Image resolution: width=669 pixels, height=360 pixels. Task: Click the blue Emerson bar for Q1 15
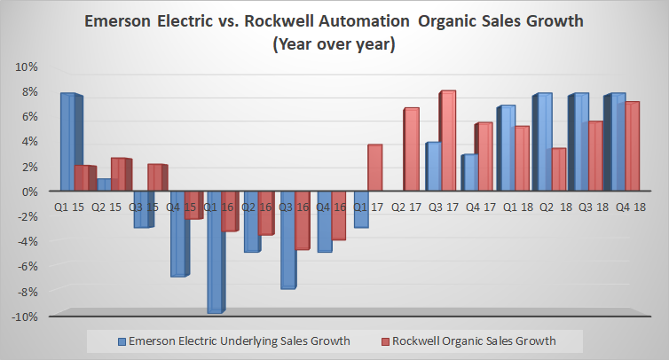(x=67, y=142)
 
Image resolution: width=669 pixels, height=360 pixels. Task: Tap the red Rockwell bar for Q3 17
(x=447, y=141)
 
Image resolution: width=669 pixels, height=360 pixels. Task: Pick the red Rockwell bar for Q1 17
(x=374, y=168)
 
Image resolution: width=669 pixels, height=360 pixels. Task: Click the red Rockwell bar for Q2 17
(x=411, y=149)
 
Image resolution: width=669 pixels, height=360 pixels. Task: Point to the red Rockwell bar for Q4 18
(x=631, y=146)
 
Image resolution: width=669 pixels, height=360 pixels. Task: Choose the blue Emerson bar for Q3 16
(x=287, y=239)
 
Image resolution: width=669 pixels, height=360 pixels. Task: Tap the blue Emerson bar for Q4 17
(x=470, y=173)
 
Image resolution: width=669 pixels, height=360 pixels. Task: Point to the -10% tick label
(x=25, y=317)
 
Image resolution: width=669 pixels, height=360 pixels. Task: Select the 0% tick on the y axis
(x=29, y=192)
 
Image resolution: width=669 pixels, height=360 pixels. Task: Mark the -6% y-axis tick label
(x=27, y=266)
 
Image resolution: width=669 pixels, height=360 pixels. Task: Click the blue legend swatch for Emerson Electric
(x=122, y=340)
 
